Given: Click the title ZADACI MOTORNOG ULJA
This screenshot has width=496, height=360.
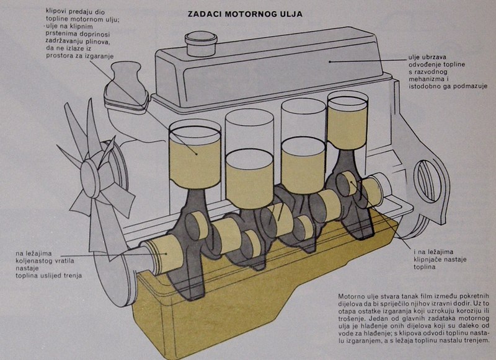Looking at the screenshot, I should click(245, 12).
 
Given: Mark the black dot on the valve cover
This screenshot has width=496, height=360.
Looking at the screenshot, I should click(330, 61).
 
